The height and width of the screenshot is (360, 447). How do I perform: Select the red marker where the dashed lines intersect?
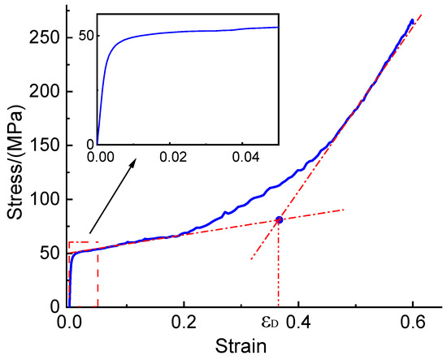click(279, 220)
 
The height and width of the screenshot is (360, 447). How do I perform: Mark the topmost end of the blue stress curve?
click(412, 20)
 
